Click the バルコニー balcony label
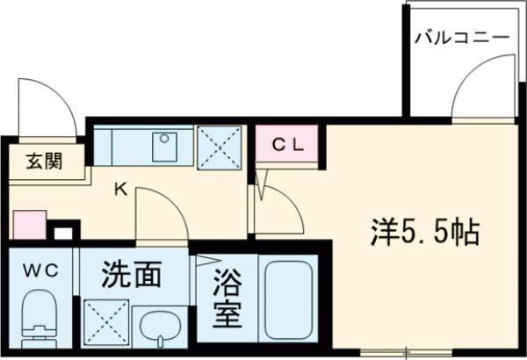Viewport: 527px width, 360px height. pyautogui.click(x=461, y=38)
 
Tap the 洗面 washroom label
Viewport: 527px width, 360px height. pyautogui.click(x=131, y=276)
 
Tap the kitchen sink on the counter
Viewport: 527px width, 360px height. pyautogui.click(x=164, y=147)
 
